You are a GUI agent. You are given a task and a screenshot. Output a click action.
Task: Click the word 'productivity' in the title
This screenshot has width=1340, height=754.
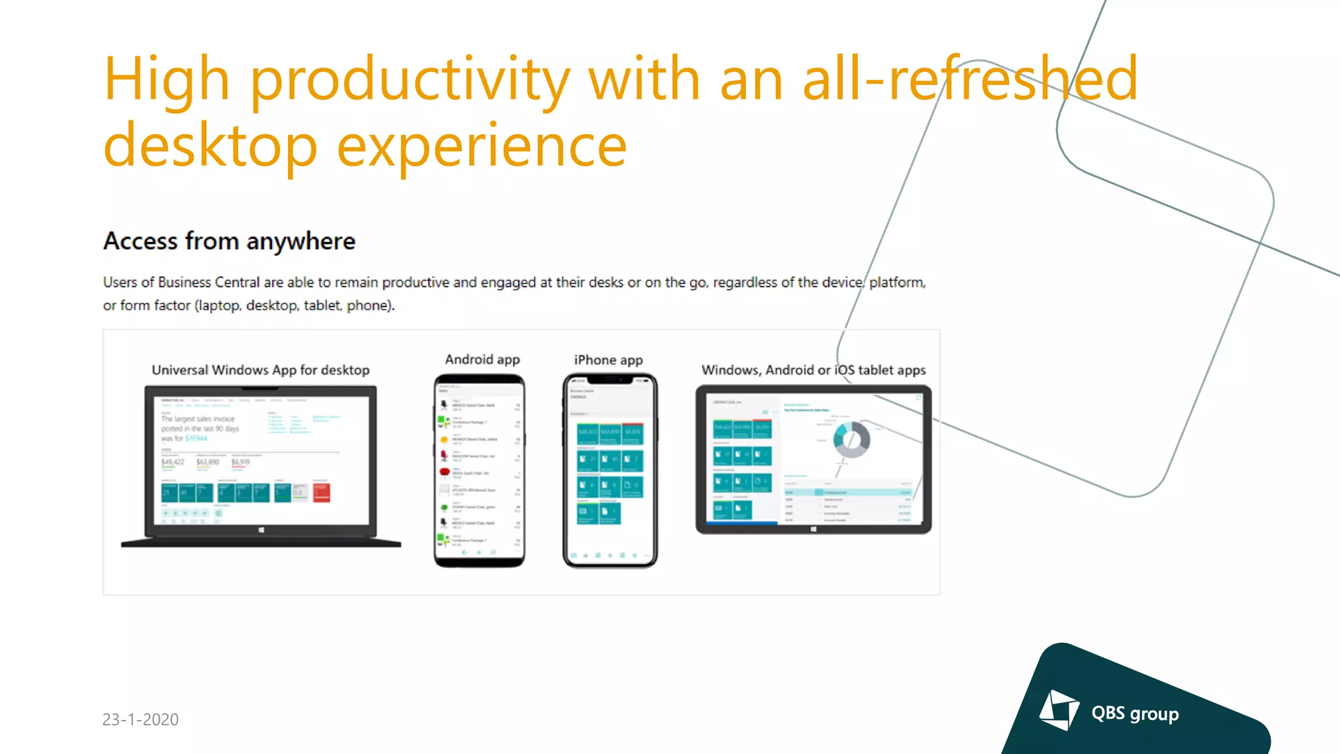410,80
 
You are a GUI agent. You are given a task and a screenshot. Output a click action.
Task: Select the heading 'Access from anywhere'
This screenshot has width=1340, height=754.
229,242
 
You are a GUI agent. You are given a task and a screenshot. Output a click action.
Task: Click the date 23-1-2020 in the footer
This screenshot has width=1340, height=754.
141,719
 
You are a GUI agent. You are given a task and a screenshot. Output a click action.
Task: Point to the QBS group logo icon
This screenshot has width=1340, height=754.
1059,710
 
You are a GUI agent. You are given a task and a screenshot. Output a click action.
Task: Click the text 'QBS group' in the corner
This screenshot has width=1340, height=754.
1135,713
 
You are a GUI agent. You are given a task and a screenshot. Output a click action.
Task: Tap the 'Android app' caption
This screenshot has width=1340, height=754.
482,359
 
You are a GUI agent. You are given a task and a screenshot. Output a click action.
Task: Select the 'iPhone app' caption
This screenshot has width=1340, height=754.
608,360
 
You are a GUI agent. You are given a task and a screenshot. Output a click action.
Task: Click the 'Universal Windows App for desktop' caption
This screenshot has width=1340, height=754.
260,370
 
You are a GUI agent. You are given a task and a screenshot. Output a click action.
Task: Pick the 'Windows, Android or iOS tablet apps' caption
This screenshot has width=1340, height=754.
813,370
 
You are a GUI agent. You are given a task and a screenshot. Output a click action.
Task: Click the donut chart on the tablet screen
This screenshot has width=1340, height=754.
851,439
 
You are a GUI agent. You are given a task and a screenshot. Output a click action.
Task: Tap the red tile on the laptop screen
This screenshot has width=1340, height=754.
321,492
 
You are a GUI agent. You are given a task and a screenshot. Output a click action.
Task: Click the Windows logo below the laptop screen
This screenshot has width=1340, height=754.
261,530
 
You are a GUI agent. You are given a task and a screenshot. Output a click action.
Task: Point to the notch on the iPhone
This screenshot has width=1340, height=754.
610,380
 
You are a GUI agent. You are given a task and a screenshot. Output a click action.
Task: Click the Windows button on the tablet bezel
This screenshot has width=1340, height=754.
813,529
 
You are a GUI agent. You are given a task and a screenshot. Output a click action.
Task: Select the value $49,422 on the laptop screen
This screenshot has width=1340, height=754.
173,462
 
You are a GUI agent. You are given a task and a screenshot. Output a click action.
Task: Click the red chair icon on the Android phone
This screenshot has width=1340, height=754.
444,472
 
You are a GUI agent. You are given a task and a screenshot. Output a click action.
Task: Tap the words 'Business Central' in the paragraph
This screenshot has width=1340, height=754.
209,282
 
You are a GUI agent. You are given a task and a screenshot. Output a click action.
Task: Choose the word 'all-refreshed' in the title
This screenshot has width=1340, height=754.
970,80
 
